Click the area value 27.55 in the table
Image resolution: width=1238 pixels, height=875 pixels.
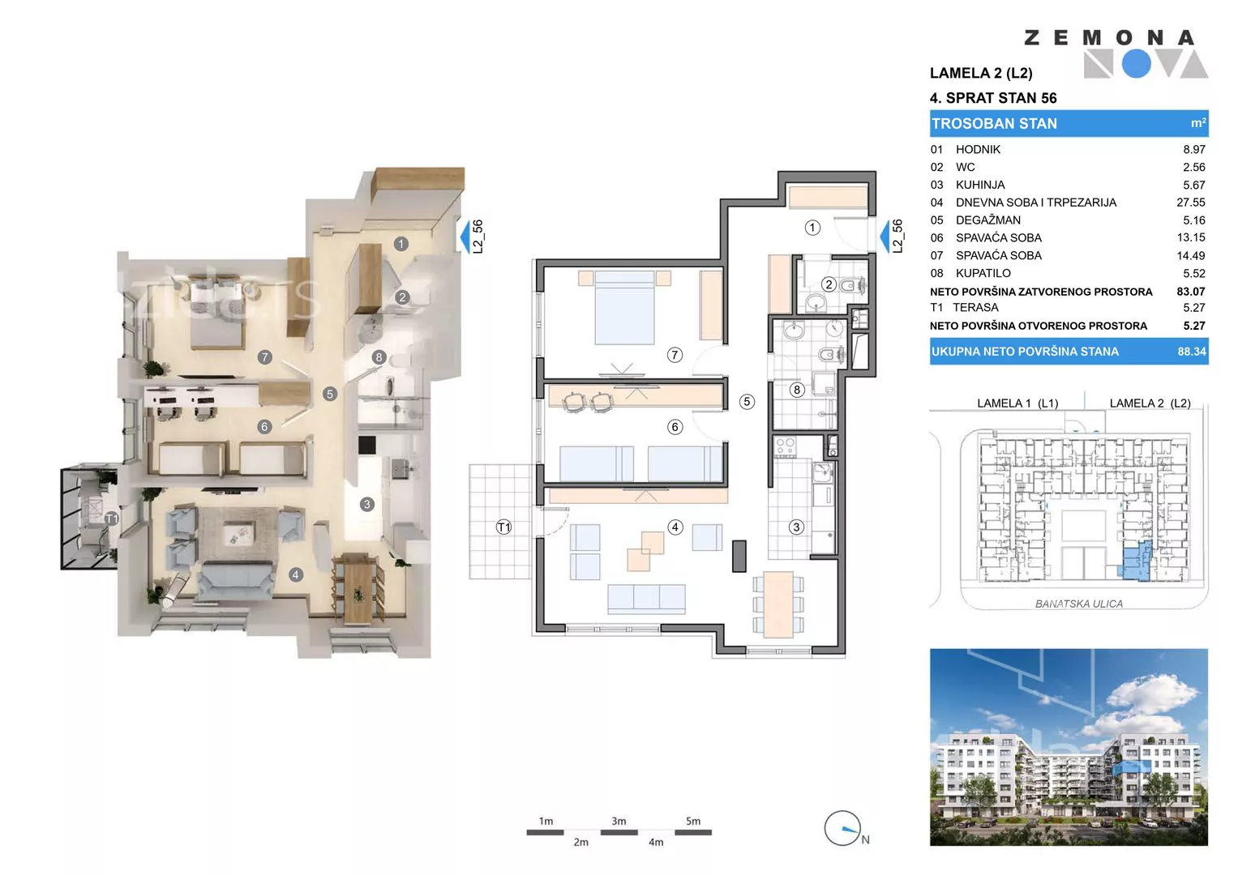(1190, 203)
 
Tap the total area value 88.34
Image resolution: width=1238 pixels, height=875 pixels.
(1192, 352)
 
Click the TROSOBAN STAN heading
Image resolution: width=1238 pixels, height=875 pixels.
(994, 124)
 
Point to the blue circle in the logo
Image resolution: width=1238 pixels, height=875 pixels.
(1137, 64)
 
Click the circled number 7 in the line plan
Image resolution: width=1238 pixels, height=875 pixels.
(675, 355)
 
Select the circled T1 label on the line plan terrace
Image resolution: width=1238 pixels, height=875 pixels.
(503, 527)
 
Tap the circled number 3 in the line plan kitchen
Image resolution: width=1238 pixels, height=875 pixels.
(796, 527)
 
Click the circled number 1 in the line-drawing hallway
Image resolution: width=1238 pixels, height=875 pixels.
(812, 228)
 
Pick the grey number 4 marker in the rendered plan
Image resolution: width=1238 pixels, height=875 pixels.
(296, 575)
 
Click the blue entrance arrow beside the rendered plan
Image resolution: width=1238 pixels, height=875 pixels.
(465, 236)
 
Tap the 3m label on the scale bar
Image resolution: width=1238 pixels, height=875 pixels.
(619, 822)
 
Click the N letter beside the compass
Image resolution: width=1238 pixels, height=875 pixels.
(866, 839)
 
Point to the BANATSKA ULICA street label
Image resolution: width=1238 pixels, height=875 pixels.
(1079, 604)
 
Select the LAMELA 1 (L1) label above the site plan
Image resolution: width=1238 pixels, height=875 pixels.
(1017, 403)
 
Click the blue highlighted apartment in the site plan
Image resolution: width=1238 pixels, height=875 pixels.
(1137, 561)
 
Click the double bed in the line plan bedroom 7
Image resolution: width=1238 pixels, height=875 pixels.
(624, 307)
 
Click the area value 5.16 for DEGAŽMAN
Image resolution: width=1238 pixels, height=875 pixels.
(1193, 220)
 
